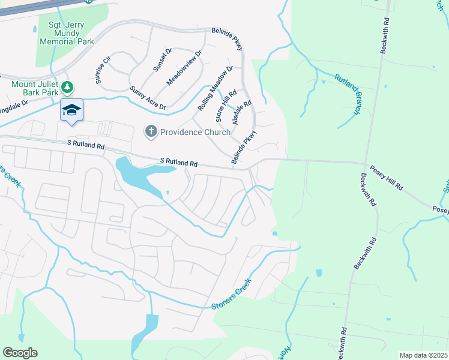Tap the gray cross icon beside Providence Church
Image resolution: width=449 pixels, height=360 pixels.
pyautogui.click(x=151, y=131)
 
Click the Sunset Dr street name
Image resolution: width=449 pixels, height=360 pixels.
pyautogui.click(x=163, y=59)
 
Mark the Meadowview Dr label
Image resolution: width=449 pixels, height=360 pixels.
pyautogui.click(x=185, y=66)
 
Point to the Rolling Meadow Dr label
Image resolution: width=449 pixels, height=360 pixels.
pyautogui.click(x=215, y=88)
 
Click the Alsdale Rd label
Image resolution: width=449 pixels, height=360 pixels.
pyautogui.click(x=241, y=112)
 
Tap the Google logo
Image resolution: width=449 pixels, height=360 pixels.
pyautogui.click(x=20, y=352)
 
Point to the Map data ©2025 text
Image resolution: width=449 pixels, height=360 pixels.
pyautogui.click(x=423, y=355)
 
